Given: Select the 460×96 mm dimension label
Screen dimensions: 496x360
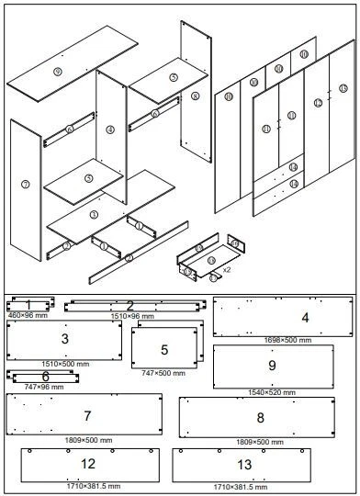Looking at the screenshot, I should [28, 315].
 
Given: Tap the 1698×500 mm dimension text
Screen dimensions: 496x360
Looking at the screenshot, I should [287, 340].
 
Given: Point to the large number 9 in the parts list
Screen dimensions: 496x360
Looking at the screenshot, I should [272, 366].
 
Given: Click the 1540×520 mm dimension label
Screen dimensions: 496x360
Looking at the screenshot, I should [273, 392].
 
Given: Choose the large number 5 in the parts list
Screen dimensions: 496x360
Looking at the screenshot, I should [164, 350].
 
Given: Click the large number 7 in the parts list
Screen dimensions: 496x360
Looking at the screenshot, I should [87, 416].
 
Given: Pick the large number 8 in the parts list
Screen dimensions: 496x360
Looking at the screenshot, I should [260, 418].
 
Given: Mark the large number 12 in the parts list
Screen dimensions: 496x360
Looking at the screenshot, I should [88, 464].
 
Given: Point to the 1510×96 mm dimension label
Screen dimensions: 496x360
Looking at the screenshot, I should [130, 316].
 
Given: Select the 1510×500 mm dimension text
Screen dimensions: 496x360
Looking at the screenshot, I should [63, 364].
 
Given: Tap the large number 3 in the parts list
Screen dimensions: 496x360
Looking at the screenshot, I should [64, 339].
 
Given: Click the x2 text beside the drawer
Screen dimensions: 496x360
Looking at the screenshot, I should [226, 272].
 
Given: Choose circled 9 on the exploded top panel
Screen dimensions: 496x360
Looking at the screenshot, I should [58, 72].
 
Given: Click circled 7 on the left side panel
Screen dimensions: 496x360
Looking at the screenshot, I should [25, 185].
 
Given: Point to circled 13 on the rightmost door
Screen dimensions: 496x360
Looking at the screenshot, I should [343, 88].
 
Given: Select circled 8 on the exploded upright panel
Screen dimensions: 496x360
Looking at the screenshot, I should [196, 96].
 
